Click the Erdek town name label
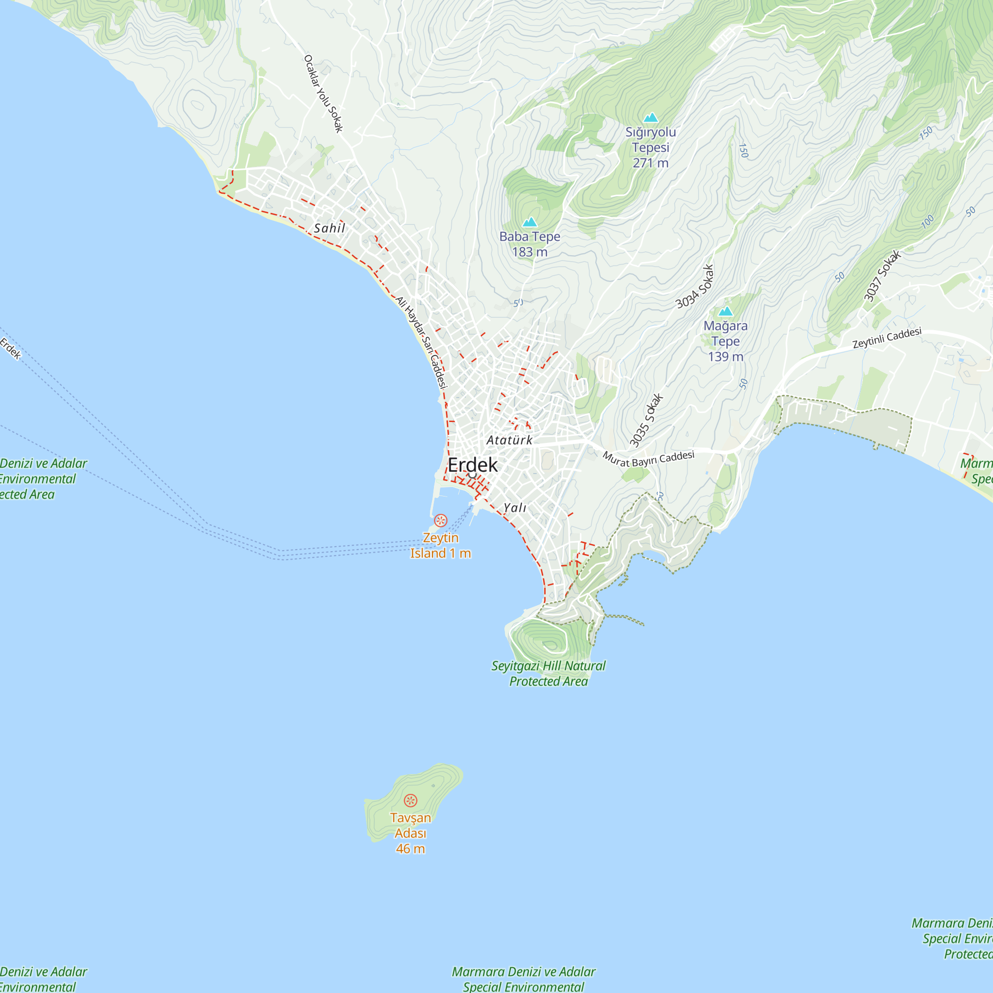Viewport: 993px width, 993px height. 472,465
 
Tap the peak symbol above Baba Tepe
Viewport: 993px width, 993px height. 529,222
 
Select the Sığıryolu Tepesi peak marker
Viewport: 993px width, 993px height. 651,118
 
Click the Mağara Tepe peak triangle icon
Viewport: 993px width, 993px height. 725,311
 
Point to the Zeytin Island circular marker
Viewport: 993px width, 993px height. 440,520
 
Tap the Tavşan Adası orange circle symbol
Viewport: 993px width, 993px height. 410,800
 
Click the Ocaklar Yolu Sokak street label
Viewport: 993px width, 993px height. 323,93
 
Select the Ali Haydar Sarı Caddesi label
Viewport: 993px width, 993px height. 422,342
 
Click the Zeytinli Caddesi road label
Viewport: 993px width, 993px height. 887,338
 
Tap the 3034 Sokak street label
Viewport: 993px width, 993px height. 695,286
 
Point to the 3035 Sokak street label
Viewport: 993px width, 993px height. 646,420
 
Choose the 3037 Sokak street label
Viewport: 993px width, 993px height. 882,276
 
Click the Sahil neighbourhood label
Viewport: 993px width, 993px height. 330,228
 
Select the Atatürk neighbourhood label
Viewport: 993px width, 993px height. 509,440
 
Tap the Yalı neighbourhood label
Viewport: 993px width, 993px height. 514,508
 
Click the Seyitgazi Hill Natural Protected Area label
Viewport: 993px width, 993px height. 549,673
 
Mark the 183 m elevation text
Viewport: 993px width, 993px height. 529,252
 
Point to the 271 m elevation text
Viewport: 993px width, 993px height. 650,163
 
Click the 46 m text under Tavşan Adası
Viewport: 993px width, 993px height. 410,849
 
